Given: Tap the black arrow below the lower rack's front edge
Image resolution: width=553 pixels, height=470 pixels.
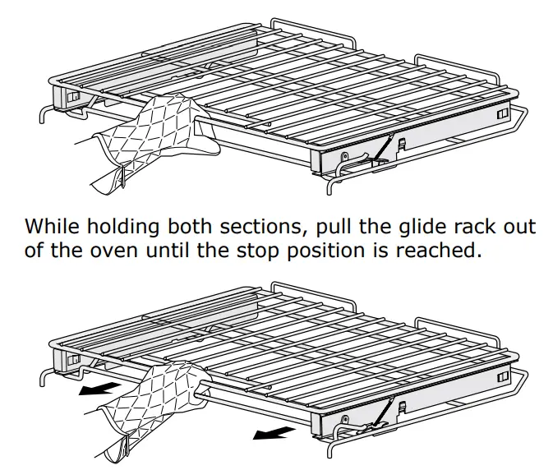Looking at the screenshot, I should (270, 431).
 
